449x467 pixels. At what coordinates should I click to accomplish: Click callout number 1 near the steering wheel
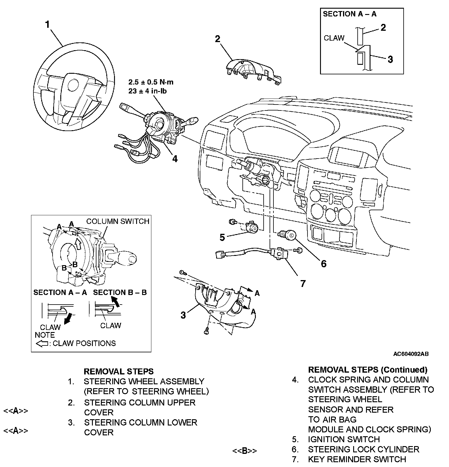pos(47,25)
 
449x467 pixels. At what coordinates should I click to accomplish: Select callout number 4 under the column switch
pos(175,159)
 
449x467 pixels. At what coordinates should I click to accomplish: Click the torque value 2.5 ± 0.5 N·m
pos(151,82)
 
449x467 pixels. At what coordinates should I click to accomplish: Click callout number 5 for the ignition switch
pos(222,237)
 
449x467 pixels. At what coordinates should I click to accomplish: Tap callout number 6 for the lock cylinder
pos(324,264)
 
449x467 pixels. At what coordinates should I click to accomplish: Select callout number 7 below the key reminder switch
pos(303,283)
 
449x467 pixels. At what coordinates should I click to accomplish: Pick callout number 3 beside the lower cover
pos(183,315)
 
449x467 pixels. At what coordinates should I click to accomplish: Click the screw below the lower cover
pos(207,331)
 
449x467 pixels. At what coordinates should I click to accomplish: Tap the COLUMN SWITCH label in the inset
pos(118,221)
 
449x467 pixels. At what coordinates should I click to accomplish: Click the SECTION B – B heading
pos(120,292)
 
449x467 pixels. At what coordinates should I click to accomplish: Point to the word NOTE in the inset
pos(45,335)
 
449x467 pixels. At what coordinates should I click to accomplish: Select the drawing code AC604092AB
pos(411,354)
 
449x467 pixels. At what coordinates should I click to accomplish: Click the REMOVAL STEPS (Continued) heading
pos(367,370)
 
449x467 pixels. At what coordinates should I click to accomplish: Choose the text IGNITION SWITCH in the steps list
pos(344,439)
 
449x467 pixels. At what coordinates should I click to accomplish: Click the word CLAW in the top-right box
pos(334,38)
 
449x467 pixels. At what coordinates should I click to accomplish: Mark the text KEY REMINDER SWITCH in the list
pos(357,459)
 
